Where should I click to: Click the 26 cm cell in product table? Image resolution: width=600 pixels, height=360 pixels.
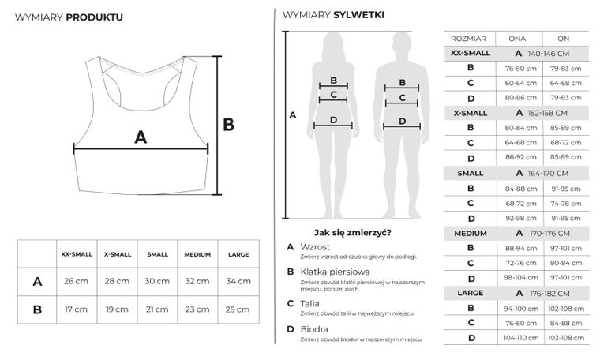(76, 281)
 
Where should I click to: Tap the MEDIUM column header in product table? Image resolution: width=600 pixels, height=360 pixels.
(197, 254)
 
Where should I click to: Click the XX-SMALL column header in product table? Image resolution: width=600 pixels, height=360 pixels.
(76, 254)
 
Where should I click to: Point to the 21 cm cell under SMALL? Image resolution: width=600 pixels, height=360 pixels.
(156, 309)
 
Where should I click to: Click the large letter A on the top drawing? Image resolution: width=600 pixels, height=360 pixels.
(141, 137)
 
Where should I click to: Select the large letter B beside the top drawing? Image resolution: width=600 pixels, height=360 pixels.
(229, 124)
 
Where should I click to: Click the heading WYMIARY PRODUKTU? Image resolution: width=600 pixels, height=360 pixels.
(69, 16)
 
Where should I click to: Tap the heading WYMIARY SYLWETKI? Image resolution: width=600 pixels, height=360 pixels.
(333, 15)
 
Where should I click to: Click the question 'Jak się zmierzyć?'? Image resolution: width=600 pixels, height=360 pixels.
(352, 232)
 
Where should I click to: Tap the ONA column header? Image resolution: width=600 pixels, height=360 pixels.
(517, 38)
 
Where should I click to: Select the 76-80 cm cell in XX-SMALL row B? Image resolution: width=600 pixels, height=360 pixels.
(517, 68)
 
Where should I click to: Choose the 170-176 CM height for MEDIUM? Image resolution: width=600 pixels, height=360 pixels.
(548, 233)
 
